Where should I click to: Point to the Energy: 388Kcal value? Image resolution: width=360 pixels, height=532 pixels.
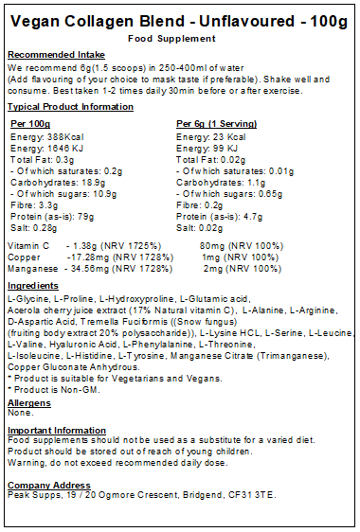coord(43,137)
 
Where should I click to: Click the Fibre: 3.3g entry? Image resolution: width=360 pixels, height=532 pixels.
coord(28,203)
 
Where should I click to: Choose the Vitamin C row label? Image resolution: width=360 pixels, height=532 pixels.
coord(26,244)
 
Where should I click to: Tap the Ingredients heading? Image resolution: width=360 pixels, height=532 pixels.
coord(33,286)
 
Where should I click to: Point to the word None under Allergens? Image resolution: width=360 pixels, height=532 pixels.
coord(19,413)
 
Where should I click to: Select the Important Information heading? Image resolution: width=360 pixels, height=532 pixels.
coord(56,430)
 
